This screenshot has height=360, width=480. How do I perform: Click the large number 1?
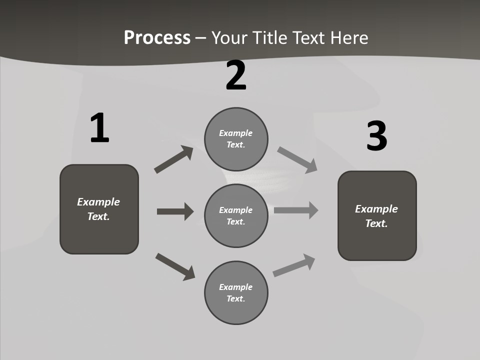[x=99, y=128]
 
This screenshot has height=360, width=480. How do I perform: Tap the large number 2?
[x=236, y=75]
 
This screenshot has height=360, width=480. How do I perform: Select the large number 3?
[x=376, y=136]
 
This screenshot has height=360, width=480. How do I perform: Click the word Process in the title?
[x=157, y=37]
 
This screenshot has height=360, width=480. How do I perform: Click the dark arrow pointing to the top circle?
[x=173, y=159]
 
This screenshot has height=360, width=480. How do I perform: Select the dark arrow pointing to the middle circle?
[x=175, y=211]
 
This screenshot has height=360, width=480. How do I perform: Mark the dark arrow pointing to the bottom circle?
[x=175, y=266]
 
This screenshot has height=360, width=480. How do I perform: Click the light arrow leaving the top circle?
[x=297, y=160]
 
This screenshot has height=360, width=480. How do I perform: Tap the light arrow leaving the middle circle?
[x=296, y=210]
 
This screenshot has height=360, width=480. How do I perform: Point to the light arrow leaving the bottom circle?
[x=294, y=265]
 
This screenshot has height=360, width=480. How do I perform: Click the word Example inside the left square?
[x=98, y=202]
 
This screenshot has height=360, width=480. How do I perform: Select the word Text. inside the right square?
[x=376, y=223]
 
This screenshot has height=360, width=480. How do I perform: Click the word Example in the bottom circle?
[x=236, y=287]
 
